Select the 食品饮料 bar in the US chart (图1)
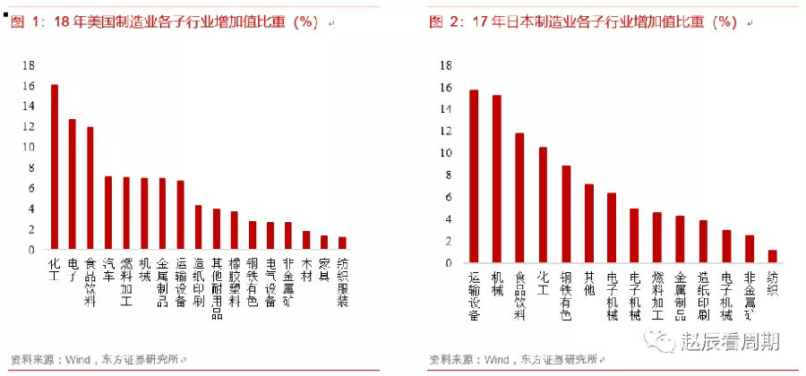tap(90, 189)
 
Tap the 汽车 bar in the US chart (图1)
tap(108, 213)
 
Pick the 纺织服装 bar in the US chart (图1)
tap(342, 244)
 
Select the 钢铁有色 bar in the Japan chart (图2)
tap(565, 215)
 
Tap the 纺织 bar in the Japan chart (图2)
tap(772, 257)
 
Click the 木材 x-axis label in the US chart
tap(306, 270)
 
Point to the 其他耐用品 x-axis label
tap(217, 286)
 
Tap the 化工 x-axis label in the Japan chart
tap(543, 281)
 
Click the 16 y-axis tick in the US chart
tap(29, 86)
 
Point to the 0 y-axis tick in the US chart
tap(31, 250)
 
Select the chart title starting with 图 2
tap(583, 22)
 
